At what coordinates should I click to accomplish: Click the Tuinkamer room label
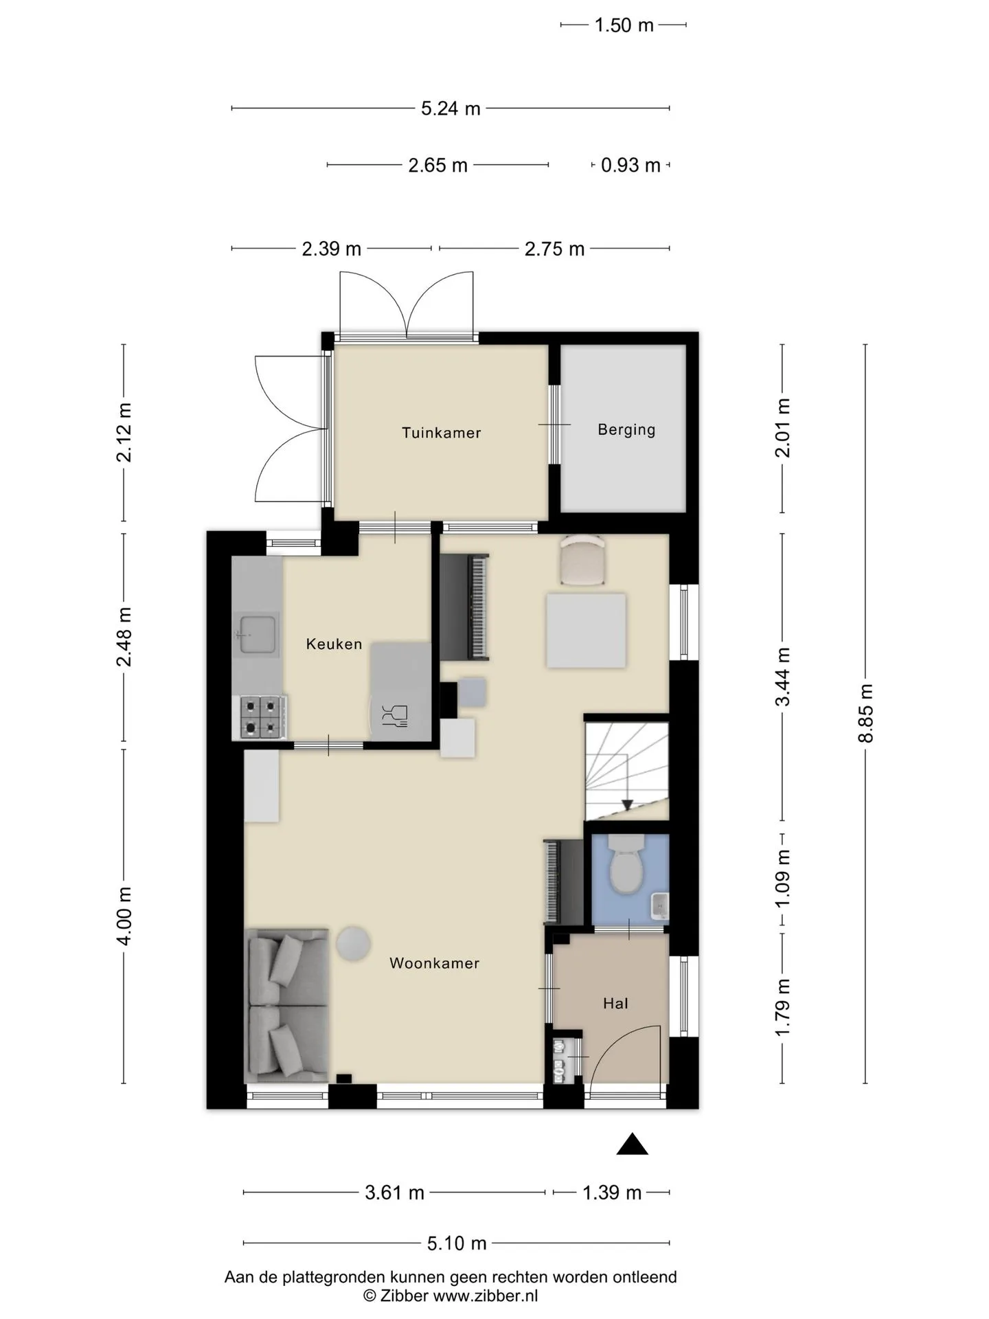(x=441, y=433)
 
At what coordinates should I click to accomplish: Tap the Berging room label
(x=626, y=430)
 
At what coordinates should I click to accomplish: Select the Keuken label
(x=334, y=644)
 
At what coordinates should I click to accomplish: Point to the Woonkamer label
(x=434, y=963)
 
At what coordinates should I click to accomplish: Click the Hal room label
(x=615, y=1004)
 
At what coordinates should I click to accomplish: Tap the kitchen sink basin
(x=258, y=634)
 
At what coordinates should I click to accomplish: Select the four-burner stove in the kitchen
(x=264, y=717)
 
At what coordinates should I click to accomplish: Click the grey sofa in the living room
(x=288, y=1006)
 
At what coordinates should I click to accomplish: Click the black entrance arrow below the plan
(x=633, y=1144)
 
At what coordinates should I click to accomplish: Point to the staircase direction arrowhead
(x=627, y=805)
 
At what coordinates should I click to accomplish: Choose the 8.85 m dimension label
(x=865, y=713)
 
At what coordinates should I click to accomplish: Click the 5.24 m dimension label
(x=451, y=109)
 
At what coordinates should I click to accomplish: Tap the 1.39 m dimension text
(x=612, y=1193)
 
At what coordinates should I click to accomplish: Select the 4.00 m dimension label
(x=124, y=916)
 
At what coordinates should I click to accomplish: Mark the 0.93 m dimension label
(x=630, y=166)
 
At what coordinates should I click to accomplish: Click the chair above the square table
(x=582, y=560)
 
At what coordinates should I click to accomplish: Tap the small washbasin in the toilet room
(x=659, y=905)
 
